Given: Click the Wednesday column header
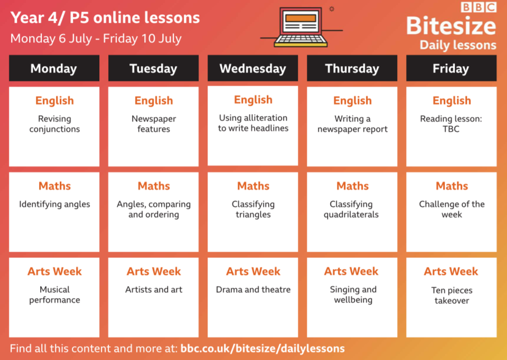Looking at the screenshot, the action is tap(252, 68).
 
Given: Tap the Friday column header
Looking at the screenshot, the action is tap(451, 68).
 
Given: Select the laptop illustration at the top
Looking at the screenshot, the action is tap(301, 27).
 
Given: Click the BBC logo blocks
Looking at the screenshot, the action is tap(478, 7).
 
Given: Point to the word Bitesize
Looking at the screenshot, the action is tap(451, 25).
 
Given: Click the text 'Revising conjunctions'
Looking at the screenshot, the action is tap(54, 124).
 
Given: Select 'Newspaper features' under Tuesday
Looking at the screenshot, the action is tap(154, 124).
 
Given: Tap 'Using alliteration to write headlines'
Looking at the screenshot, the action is tap(253, 123).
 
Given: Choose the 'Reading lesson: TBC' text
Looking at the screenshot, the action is tap(451, 124).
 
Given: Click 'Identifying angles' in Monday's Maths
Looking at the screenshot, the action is tap(54, 204).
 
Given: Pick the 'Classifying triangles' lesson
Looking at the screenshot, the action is tap(253, 209).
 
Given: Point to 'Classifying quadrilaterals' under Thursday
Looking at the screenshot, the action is tap(351, 209).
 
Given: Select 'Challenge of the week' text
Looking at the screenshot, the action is tap(452, 209).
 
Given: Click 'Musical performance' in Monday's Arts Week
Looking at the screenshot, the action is tap(54, 294).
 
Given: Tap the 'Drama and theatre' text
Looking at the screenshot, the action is tap(253, 289).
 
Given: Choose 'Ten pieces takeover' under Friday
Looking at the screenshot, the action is tap(452, 296).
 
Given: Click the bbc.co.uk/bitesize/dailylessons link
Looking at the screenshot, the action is tap(262, 349).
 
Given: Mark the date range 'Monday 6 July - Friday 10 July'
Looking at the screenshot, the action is tap(96, 39).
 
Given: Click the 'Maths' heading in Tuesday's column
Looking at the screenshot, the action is tap(154, 186).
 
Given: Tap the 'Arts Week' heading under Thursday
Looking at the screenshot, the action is tap(351, 271).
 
